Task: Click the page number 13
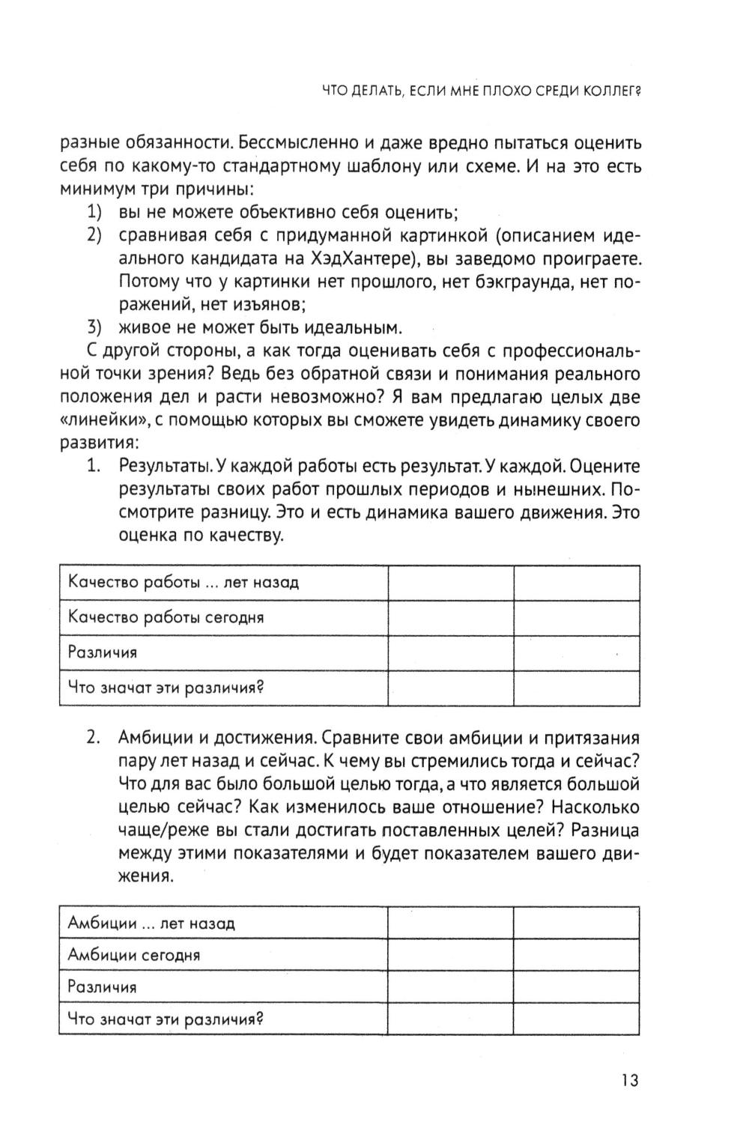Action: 629,1081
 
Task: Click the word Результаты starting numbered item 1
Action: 165,466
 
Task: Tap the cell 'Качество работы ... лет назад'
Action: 184,583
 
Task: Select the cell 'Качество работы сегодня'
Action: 166,617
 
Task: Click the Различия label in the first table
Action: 103,652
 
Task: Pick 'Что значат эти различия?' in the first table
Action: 168,687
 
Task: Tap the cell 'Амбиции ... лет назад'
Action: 151,923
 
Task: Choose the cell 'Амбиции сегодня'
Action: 134,955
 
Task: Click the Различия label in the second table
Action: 103,986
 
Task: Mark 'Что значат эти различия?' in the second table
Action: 168,1019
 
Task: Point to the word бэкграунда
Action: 518,282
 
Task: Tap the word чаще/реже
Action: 161,831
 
